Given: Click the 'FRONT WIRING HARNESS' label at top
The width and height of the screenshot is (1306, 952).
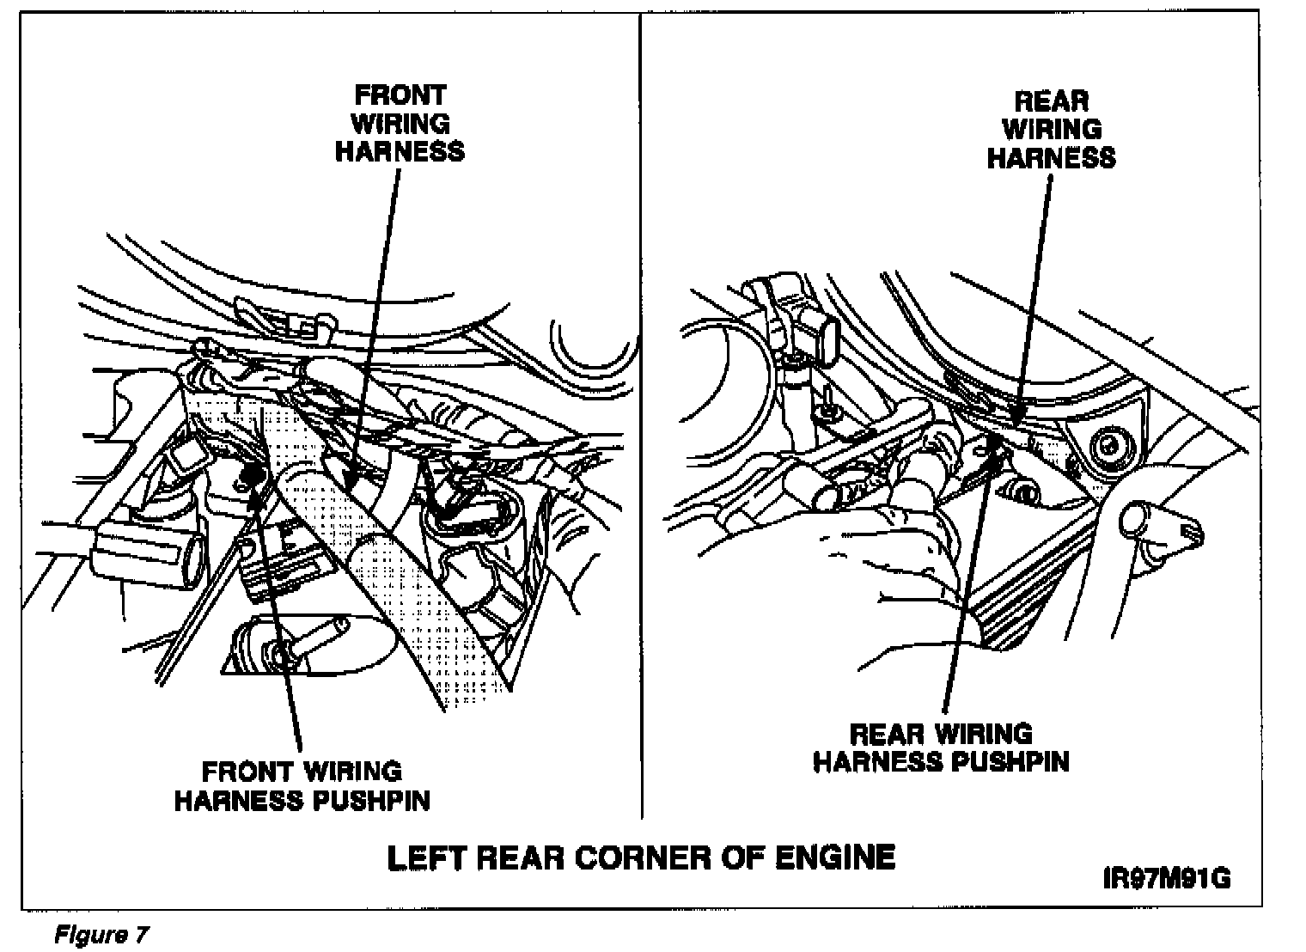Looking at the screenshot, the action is pyautogui.click(x=400, y=123).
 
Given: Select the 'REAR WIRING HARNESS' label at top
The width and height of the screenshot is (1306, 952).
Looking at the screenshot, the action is pyautogui.click(x=1051, y=129).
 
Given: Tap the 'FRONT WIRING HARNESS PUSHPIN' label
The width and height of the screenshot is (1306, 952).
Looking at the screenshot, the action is pyautogui.click(x=302, y=785).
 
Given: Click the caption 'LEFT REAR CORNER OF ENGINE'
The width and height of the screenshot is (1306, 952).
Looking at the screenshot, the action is pyautogui.click(x=641, y=857).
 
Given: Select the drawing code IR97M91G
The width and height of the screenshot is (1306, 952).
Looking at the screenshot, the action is pyautogui.click(x=1167, y=880).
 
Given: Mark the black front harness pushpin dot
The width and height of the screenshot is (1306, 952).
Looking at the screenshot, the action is pyautogui.click(x=253, y=475).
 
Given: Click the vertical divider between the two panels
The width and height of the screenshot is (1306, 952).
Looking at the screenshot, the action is pyautogui.click(x=642, y=430).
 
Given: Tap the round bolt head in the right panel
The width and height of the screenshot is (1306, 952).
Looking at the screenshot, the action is pyautogui.click(x=1109, y=446).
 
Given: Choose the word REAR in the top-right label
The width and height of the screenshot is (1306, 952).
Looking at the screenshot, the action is pyautogui.click(x=1051, y=101).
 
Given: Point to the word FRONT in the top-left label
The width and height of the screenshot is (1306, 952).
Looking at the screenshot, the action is pyautogui.click(x=400, y=94).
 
